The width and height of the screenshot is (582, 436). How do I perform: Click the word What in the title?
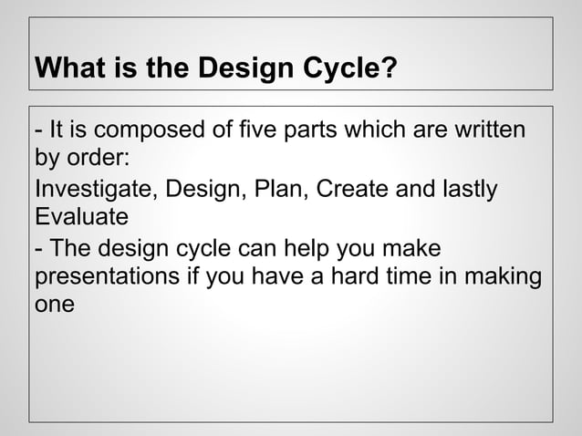point(65,68)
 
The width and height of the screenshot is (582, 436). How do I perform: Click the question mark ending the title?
point(390,68)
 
